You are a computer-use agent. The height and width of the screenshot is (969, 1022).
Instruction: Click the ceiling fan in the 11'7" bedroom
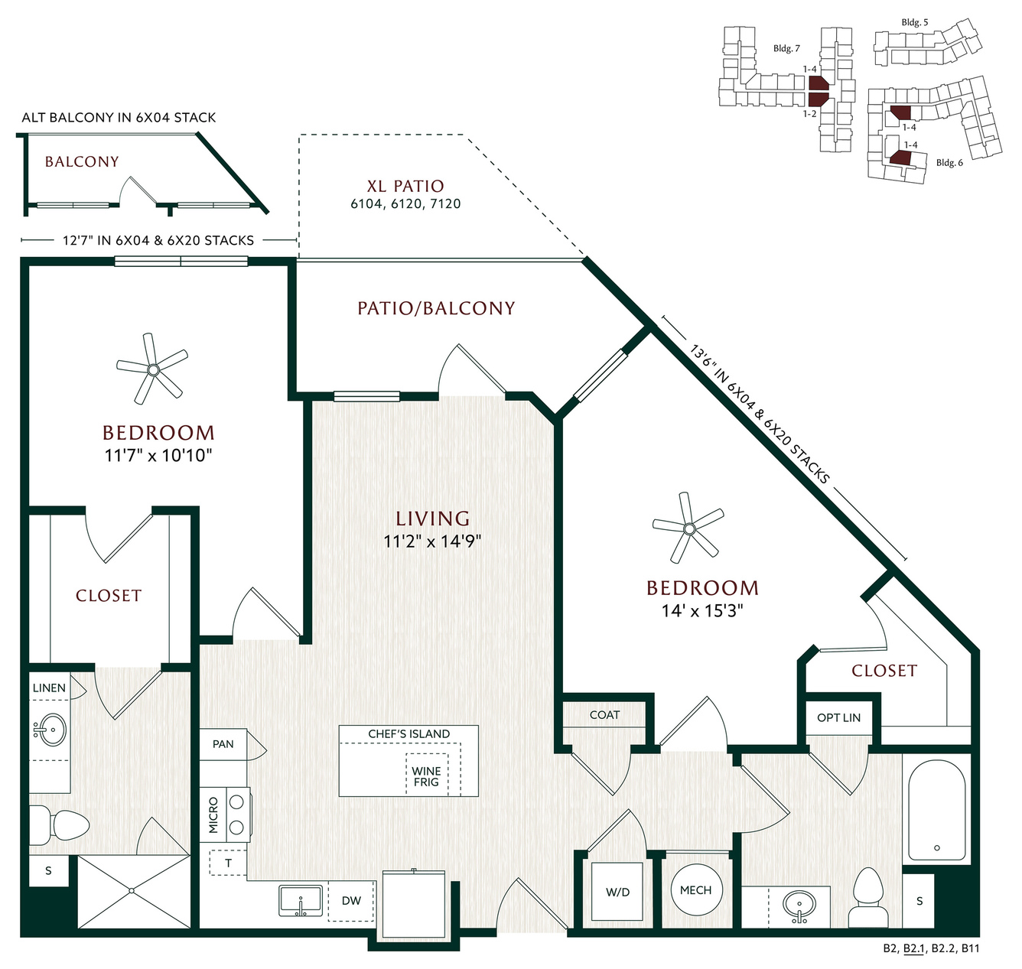(153, 369)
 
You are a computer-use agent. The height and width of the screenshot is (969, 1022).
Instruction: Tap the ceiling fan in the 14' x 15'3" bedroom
(688, 528)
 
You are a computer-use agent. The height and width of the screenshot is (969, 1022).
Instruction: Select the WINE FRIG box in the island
(426, 776)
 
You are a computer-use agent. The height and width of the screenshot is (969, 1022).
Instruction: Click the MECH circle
(695, 890)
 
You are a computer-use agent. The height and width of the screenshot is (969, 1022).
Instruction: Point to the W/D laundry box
(617, 892)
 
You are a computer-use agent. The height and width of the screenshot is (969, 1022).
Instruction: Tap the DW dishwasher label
(351, 900)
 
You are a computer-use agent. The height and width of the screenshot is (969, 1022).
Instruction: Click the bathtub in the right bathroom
(936, 811)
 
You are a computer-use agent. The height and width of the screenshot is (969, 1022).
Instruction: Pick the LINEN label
(49, 688)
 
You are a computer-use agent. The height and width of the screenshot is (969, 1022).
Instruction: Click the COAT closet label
(604, 714)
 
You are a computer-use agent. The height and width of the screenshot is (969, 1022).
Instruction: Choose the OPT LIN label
(838, 717)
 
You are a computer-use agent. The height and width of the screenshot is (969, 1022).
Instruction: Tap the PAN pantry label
(223, 743)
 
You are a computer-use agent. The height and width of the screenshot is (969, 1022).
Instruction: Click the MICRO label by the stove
(213, 815)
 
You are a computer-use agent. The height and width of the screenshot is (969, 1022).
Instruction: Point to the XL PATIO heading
(405, 186)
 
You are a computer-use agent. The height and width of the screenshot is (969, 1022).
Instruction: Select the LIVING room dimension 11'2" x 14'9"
(432, 541)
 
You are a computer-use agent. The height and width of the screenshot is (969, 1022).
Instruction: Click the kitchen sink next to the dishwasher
(301, 901)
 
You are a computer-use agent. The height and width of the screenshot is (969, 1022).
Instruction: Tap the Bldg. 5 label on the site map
(914, 22)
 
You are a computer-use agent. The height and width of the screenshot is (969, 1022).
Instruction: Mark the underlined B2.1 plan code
(914, 948)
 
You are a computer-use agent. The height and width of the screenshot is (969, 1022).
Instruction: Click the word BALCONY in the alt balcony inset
(82, 161)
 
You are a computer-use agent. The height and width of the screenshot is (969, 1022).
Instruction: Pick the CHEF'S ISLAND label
(408, 733)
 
